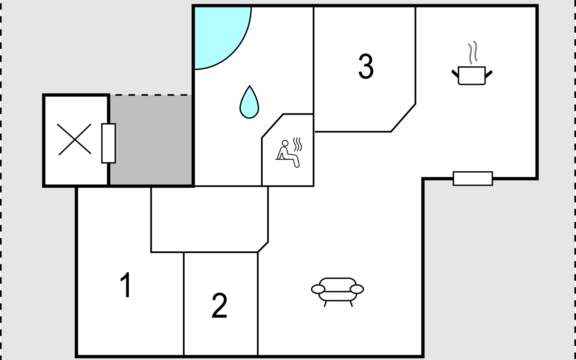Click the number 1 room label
coord(126,285)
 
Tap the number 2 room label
coord(219,305)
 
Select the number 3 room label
coord(366,66)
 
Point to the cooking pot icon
coord(472,76)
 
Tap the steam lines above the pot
coord(473,52)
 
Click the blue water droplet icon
coord(249,102)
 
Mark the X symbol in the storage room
coord(74,139)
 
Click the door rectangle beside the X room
coord(109,143)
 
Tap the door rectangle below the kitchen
coord(473,178)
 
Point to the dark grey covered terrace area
coord(151,140)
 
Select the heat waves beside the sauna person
coord(298,144)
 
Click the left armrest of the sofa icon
coord(318,289)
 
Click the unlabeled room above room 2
coord(209,219)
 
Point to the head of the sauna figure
coord(285,143)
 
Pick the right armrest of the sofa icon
coord(357,289)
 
